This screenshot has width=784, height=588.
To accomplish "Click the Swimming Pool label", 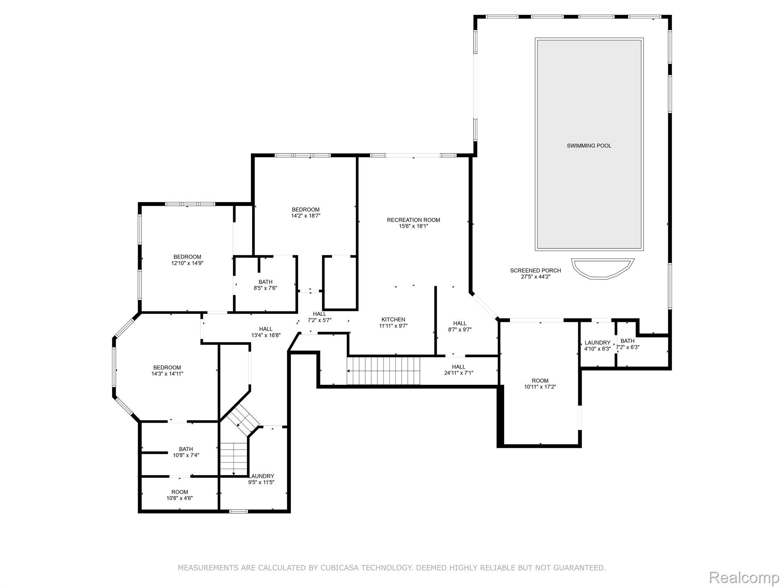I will point(589,145).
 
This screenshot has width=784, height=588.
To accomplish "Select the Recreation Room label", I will point(413,220).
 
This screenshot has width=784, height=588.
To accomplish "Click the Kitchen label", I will point(393,320).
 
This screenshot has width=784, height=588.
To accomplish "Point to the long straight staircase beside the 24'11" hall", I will point(383,371).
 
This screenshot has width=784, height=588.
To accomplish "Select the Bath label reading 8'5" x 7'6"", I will point(265,282).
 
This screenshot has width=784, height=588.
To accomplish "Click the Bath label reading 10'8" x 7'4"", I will point(186,449).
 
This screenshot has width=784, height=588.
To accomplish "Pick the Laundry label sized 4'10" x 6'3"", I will point(597,343).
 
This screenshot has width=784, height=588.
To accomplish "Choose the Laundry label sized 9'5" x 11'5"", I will point(262,476).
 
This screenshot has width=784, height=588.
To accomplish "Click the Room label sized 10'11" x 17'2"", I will point(540,381).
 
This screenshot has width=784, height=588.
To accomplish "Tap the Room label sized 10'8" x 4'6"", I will point(180,492).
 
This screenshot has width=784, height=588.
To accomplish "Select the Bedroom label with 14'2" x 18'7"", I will point(305,209).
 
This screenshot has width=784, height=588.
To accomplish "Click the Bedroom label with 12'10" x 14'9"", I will point(187,257).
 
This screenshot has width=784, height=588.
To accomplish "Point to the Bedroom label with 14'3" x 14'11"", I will point(167,367).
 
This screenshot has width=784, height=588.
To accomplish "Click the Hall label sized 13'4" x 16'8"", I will point(266,329).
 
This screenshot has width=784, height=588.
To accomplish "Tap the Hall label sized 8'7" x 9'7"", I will point(459,323).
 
